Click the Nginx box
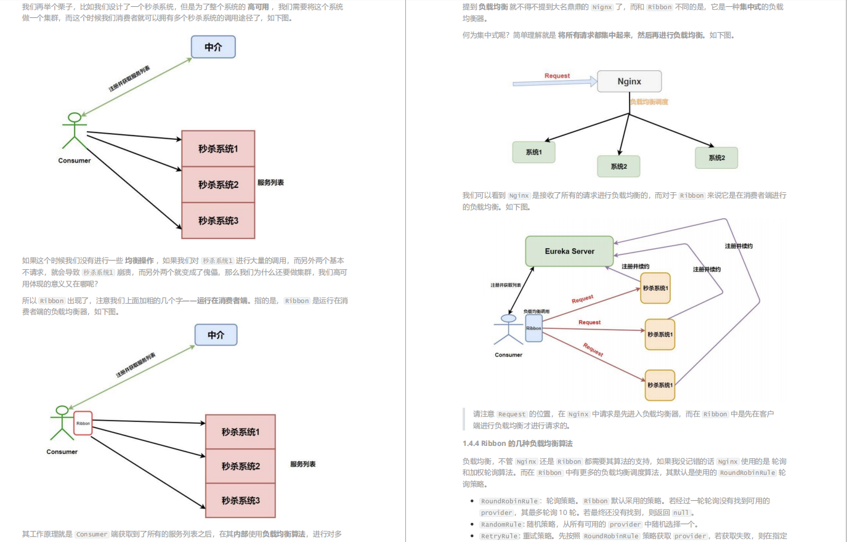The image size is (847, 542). [x=629, y=81]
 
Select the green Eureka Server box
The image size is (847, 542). [x=569, y=251]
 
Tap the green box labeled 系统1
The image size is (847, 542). [x=533, y=152]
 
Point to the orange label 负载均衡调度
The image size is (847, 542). [x=649, y=102]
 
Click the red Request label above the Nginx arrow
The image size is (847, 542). [x=557, y=76]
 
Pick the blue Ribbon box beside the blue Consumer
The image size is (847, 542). [x=533, y=328]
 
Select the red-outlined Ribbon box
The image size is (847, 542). [x=83, y=423]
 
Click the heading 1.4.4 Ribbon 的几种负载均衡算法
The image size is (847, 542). [x=517, y=443]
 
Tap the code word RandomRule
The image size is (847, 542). [x=502, y=524]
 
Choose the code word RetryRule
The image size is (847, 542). [x=500, y=536]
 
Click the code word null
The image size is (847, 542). [x=681, y=512]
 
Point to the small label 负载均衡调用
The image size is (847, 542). [x=536, y=312]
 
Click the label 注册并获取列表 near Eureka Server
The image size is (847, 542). [x=506, y=285]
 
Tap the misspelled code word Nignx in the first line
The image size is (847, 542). [x=602, y=7]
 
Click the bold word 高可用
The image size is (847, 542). [x=258, y=7]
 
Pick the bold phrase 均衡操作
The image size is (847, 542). [x=139, y=261]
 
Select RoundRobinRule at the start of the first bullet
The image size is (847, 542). [x=509, y=501]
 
